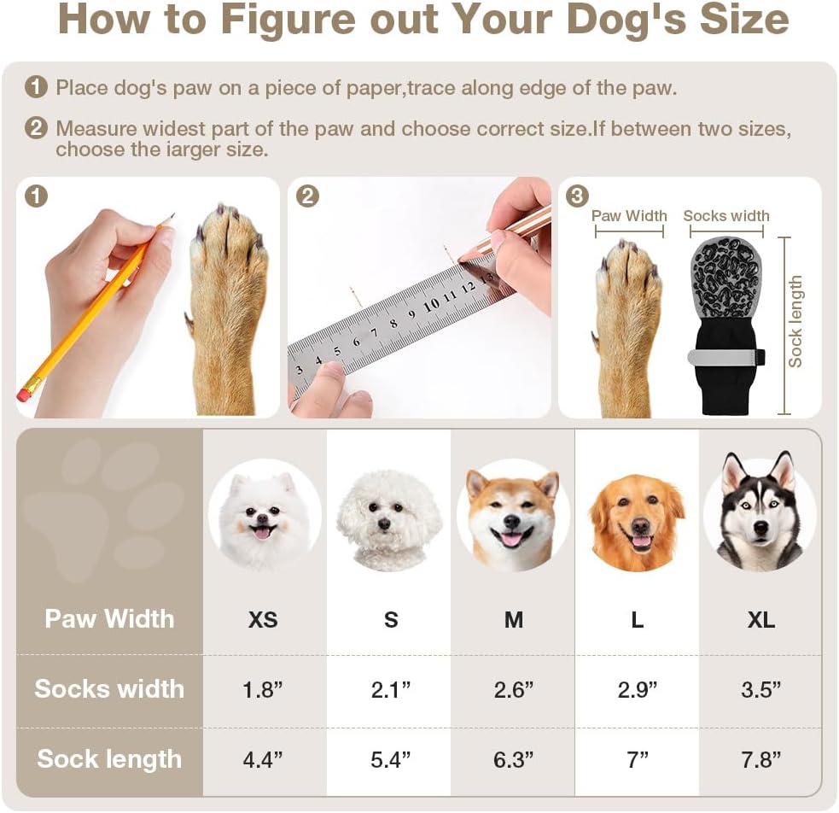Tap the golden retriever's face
click(x=637, y=522)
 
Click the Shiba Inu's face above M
click(x=513, y=518)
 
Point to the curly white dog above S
click(x=388, y=519)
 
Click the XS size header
click(x=263, y=620)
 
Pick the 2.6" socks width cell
click(x=513, y=689)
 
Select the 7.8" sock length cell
click(x=760, y=759)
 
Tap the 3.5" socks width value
click(x=760, y=689)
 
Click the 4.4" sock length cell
click(x=262, y=759)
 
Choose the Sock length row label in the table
click(x=109, y=759)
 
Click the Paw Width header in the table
click(x=109, y=618)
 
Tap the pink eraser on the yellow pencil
click(x=24, y=395)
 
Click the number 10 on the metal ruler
click(x=431, y=305)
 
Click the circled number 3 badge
click(x=577, y=196)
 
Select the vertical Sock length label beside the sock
click(x=795, y=322)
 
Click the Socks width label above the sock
click(x=726, y=216)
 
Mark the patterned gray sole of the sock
click(x=725, y=279)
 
